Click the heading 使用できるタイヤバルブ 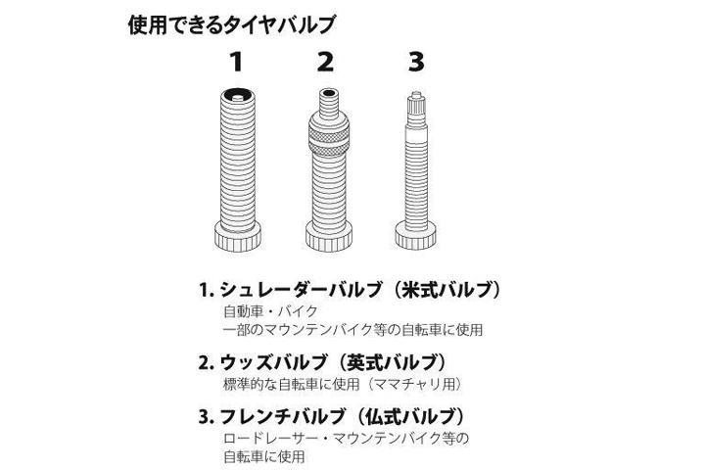(232, 24)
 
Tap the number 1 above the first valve (237, 62)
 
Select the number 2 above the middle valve (325, 62)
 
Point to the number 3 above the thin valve (416, 62)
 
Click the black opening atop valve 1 (238, 94)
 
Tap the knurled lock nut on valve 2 (329, 138)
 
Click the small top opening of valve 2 (329, 94)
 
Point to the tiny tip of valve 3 (416, 94)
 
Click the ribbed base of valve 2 (329, 236)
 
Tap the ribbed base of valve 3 (416, 236)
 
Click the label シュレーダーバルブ (302, 290)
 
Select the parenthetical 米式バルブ (446, 290)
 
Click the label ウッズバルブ (274, 362)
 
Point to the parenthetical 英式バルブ (392, 362)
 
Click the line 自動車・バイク (270, 311)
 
